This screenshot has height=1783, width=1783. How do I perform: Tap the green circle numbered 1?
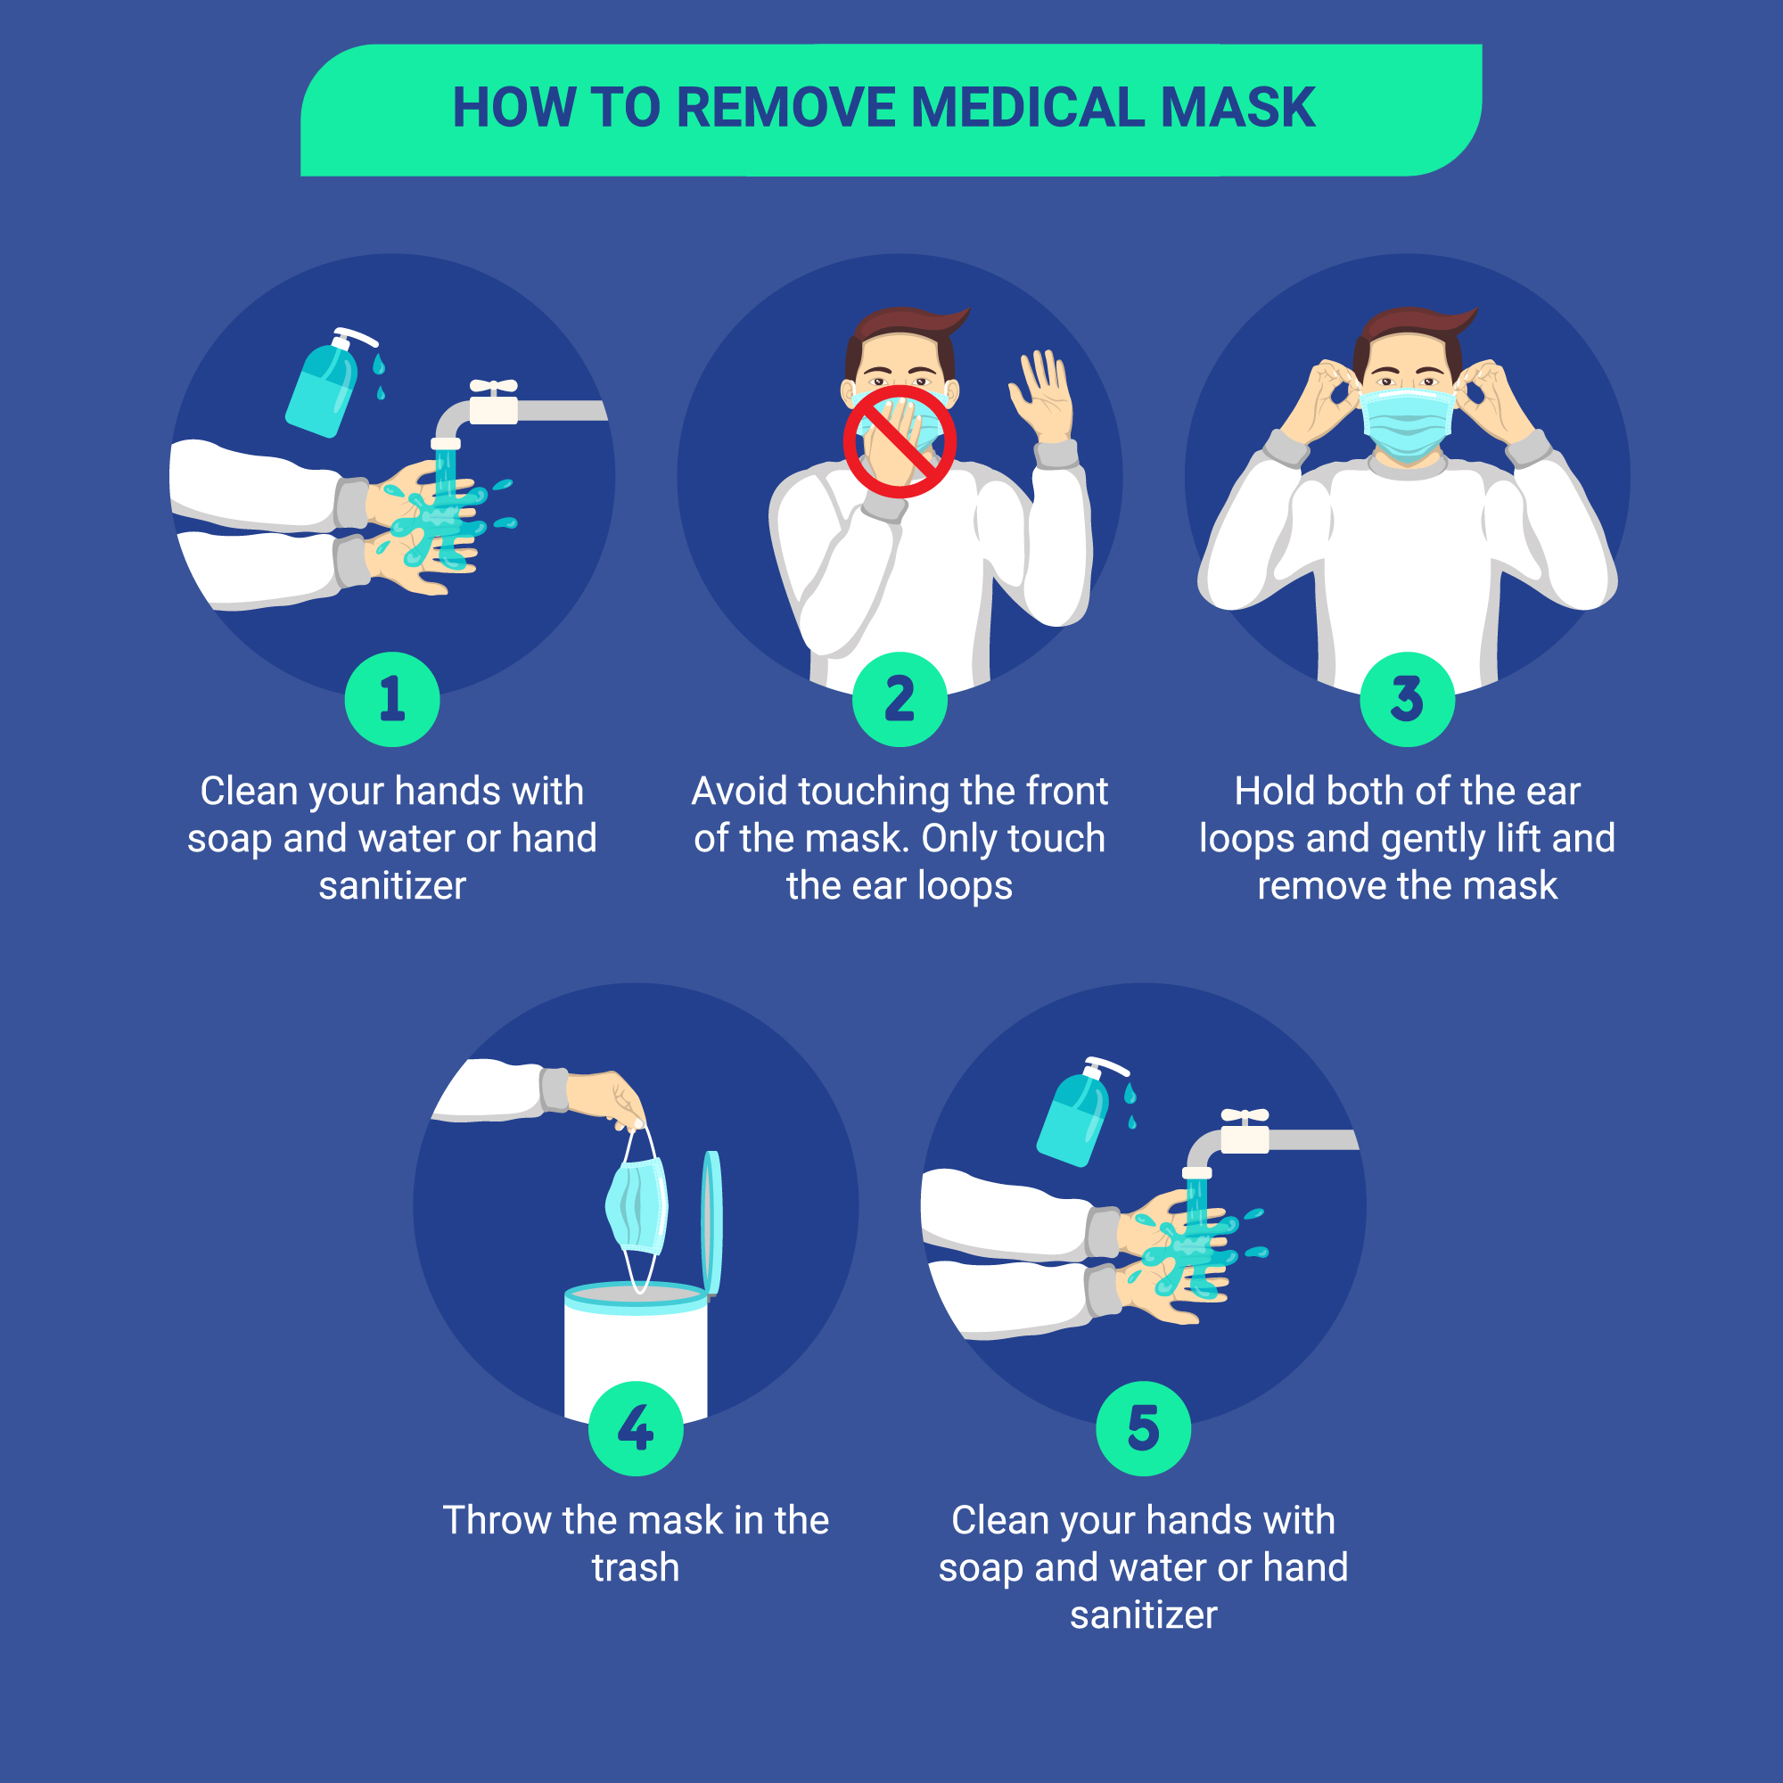point(392,699)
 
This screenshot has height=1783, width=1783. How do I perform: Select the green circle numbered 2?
point(900,699)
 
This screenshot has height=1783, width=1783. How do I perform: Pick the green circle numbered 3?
point(1408,699)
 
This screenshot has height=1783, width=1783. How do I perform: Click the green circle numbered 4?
point(636,1427)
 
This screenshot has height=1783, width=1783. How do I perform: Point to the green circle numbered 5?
point(1144,1427)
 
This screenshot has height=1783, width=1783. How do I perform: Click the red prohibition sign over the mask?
point(900,441)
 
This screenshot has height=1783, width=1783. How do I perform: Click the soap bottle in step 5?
point(1077,1112)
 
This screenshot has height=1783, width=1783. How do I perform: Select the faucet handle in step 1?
point(494,388)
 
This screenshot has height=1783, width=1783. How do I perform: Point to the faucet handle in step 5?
point(1245,1117)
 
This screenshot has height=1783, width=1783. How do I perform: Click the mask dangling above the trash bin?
point(636,1205)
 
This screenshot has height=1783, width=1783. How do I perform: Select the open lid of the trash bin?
point(711,1222)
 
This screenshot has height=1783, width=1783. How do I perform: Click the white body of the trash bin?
point(636,1357)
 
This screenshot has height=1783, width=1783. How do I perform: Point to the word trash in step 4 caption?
point(636,1567)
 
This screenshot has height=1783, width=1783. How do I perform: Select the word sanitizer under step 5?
point(1144,1615)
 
